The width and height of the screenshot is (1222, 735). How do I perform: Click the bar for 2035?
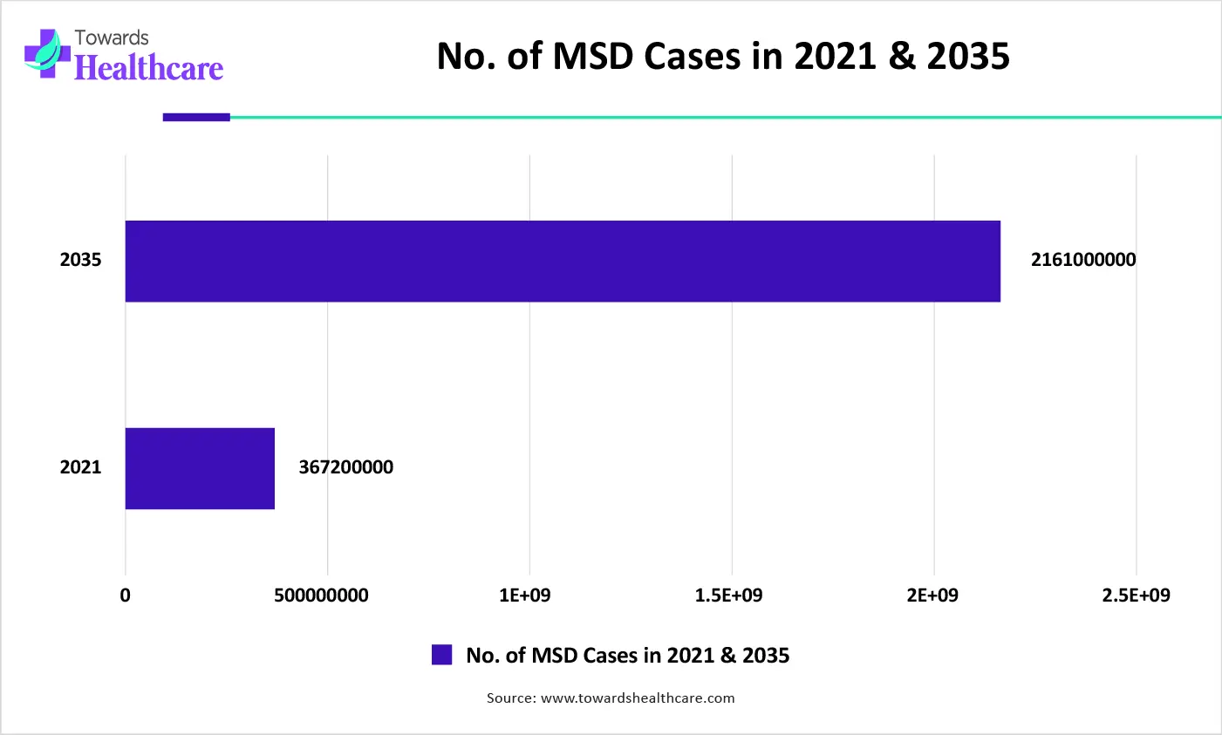tap(563, 262)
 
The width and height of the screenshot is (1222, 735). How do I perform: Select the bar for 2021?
tap(200, 468)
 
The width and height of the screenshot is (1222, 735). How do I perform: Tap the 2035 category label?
tap(80, 260)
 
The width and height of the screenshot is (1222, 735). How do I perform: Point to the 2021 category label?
tap(80, 467)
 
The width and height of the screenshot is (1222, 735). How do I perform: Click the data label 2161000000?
tap(1083, 260)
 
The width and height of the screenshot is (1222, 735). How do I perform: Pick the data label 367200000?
tap(345, 467)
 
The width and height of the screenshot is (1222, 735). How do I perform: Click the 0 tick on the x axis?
tap(126, 595)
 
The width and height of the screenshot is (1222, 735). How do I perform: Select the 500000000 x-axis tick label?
tap(321, 595)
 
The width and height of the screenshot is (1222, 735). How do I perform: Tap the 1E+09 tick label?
tap(525, 595)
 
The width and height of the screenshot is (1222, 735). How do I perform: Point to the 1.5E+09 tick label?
tap(728, 595)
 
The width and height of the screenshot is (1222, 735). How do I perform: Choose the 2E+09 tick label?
tap(932, 595)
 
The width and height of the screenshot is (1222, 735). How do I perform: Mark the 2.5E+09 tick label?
tap(1136, 595)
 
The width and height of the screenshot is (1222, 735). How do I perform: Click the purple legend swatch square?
tap(442, 655)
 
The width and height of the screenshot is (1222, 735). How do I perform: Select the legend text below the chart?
tap(627, 656)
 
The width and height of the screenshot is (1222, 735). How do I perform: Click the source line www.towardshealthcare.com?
tap(611, 698)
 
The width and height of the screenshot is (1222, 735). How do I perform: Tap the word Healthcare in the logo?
tap(148, 68)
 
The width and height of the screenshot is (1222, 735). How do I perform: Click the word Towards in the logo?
tap(112, 37)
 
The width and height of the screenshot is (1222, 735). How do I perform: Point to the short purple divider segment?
tap(196, 117)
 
